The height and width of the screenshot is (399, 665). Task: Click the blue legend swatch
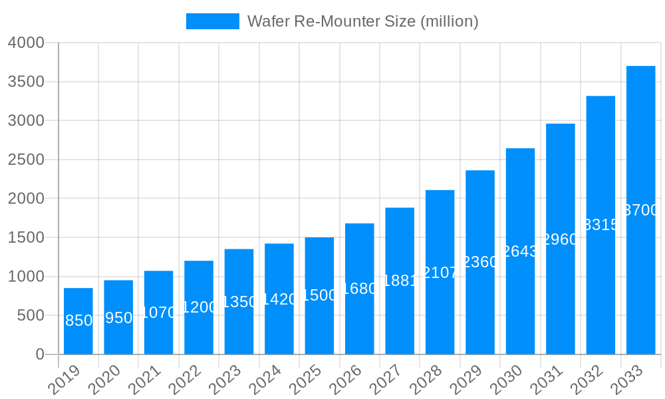[x=212, y=21]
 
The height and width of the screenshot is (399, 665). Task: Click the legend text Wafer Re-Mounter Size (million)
[x=362, y=21]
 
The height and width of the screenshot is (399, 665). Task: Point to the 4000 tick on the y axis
[x=26, y=43]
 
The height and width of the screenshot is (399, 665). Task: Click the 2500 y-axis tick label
[x=26, y=160]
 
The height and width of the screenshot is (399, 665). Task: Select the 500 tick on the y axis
[x=31, y=315]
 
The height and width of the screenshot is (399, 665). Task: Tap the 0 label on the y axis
[x=40, y=354]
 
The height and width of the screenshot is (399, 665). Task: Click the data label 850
[x=78, y=321]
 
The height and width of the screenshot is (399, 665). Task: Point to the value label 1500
[x=319, y=295]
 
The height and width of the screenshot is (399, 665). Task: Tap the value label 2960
[x=561, y=239]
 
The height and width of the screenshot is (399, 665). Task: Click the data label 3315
[x=600, y=225]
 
